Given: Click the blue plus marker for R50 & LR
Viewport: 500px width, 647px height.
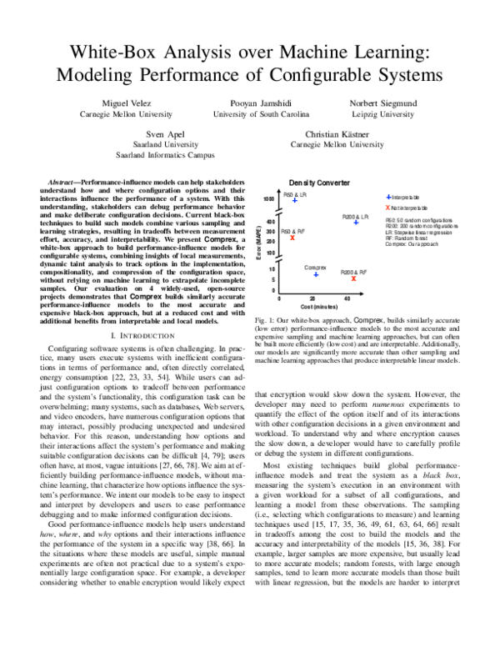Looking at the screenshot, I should tap(295, 200).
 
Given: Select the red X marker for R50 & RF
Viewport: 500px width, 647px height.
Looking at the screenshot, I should tap(292, 238).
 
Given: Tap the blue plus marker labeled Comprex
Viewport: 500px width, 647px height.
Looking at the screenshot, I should tap(316, 274).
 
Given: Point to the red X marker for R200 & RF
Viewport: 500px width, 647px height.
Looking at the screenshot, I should tap(353, 278).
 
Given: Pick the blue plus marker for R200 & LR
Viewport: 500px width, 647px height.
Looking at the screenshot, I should tap(356, 222).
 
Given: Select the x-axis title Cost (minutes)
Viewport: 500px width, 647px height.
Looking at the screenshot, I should tap(312, 307).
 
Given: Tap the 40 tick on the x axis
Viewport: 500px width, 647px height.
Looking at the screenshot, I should tap(347, 298).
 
